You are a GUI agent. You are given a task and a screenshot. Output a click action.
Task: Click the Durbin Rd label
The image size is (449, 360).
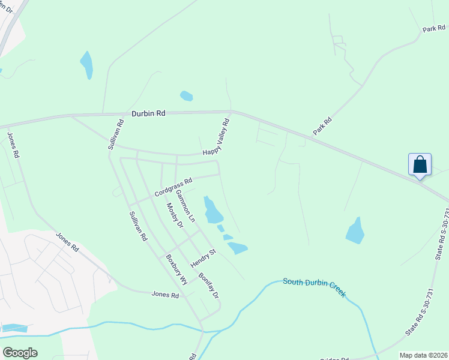tap(148, 113)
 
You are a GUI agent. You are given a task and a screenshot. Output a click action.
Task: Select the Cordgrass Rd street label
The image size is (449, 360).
tap(173, 186)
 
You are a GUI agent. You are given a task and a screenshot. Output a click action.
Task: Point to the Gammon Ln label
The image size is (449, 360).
tap(185, 205)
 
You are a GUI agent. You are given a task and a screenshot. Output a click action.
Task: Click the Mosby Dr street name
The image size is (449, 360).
tap(174, 215)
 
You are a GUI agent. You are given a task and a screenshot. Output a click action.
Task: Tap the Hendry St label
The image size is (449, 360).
tap(203, 259)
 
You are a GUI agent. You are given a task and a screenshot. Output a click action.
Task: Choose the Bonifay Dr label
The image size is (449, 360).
tap(208, 286)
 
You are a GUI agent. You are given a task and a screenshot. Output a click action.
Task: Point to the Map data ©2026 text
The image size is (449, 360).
tap(423, 355)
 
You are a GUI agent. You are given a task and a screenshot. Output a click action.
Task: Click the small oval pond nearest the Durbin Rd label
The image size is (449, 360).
tap(186, 95)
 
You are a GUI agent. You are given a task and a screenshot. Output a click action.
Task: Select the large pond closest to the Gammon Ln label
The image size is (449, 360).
tap(212, 210)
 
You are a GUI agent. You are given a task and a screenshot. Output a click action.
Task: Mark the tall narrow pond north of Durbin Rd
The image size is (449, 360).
tap(87, 65)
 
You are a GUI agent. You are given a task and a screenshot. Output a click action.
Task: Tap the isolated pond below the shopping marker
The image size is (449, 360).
tap(355, 230)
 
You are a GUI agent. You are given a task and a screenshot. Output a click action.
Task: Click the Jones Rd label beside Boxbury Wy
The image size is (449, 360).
tap(165, 295)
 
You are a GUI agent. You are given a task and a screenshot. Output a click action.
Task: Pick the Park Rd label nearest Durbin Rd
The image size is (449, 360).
tap(322, 126)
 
